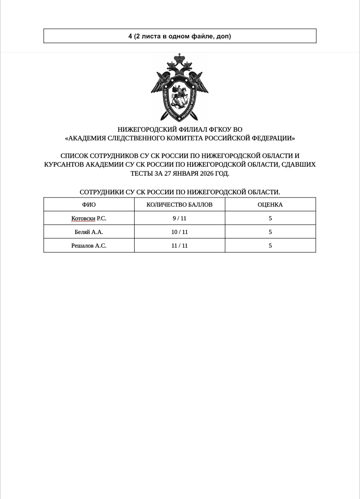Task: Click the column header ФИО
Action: [89, 205]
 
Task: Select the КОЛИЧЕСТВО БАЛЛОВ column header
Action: [179, 205]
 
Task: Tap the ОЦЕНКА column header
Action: [270, 205]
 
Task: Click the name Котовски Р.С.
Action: [89, 219]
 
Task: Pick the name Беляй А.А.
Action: [89, 232]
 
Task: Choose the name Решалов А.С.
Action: [89, 246]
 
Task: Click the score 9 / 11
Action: [179, 219]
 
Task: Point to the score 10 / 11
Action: [179, 232]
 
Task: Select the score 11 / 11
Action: [179, 246]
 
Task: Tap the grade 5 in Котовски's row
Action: [270, 219]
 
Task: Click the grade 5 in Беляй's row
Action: [270, 232]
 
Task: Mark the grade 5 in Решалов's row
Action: [270, 246]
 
